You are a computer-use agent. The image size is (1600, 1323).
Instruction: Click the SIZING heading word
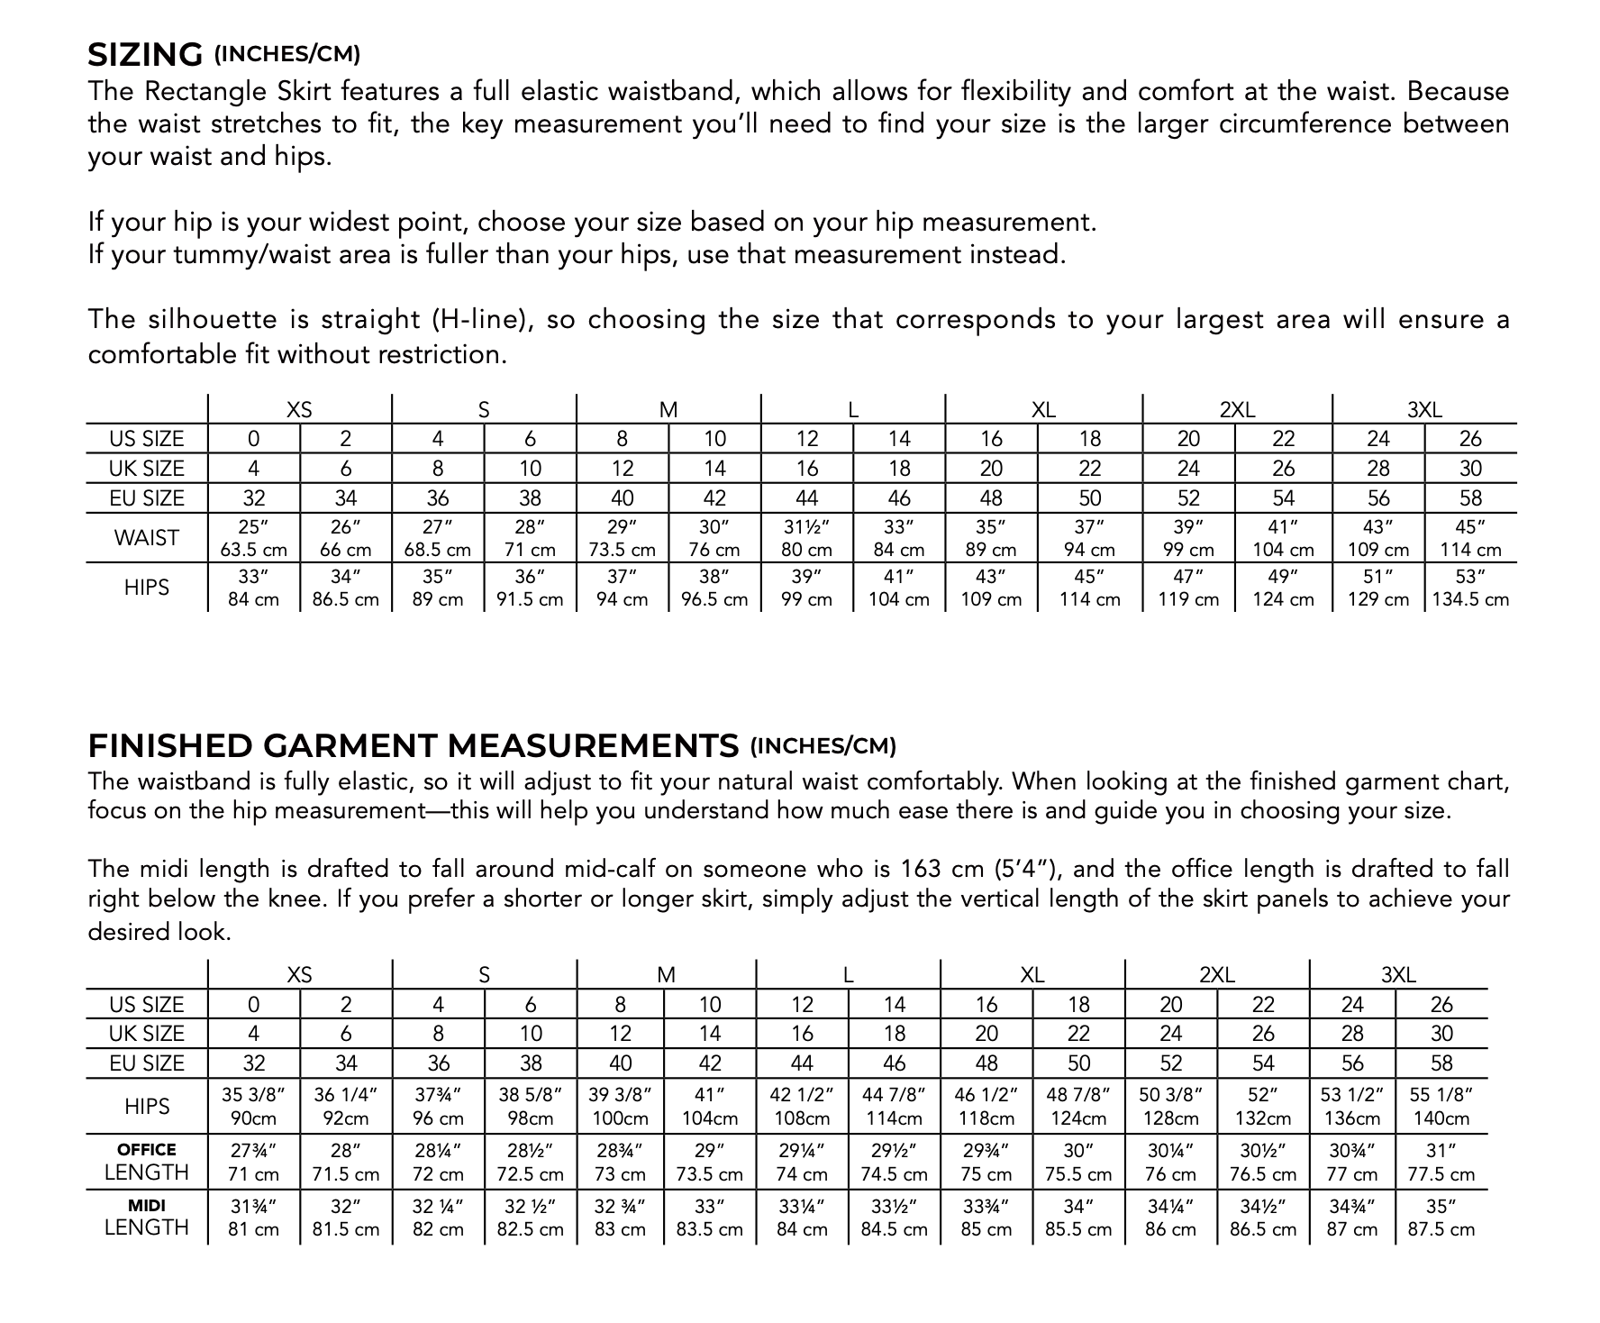[145, 55]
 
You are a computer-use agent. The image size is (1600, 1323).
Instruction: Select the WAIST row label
[147, 538]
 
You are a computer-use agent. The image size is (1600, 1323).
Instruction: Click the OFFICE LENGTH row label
[147, 1162]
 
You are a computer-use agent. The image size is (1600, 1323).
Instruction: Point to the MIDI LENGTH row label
[147, 1217]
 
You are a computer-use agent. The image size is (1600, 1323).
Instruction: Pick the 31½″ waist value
[806, 527]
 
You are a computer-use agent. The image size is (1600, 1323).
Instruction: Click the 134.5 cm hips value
[1470, 599]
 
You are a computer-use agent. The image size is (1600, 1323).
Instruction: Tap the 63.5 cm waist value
[254, 550]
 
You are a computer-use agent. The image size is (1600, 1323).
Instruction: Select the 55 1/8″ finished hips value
[1441, 1095]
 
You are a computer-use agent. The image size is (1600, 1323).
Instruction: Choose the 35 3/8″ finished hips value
[254, 1095]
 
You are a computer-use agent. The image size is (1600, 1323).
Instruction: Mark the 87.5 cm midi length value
[1441, 1229]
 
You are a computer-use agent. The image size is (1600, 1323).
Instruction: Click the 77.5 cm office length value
[1441, 1174]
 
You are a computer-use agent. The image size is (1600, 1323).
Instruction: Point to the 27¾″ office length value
[254, 1151]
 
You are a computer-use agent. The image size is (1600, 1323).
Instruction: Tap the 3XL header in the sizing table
[1424, 410]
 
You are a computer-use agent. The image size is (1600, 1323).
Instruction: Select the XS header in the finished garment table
[299, 975]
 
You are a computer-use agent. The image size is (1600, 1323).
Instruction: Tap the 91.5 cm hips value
[530, 599]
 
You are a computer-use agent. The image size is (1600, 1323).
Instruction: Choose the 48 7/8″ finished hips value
[1078, 1095]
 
